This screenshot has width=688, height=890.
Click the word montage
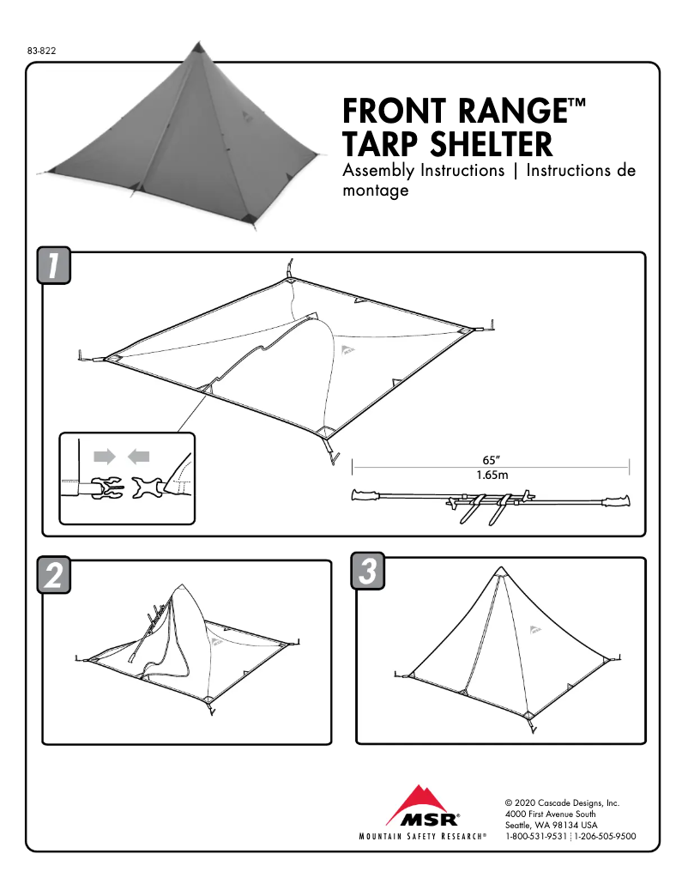point(374,191)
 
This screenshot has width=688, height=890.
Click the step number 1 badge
point(53,265)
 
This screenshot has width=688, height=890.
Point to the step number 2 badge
point(53,575)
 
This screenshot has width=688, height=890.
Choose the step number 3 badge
point(368,572)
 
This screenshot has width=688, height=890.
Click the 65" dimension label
point(492,459)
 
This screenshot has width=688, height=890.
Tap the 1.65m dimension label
point(492,474)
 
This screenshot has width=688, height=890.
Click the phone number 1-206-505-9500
point(605,835)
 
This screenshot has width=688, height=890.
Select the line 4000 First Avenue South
point(551,814)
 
